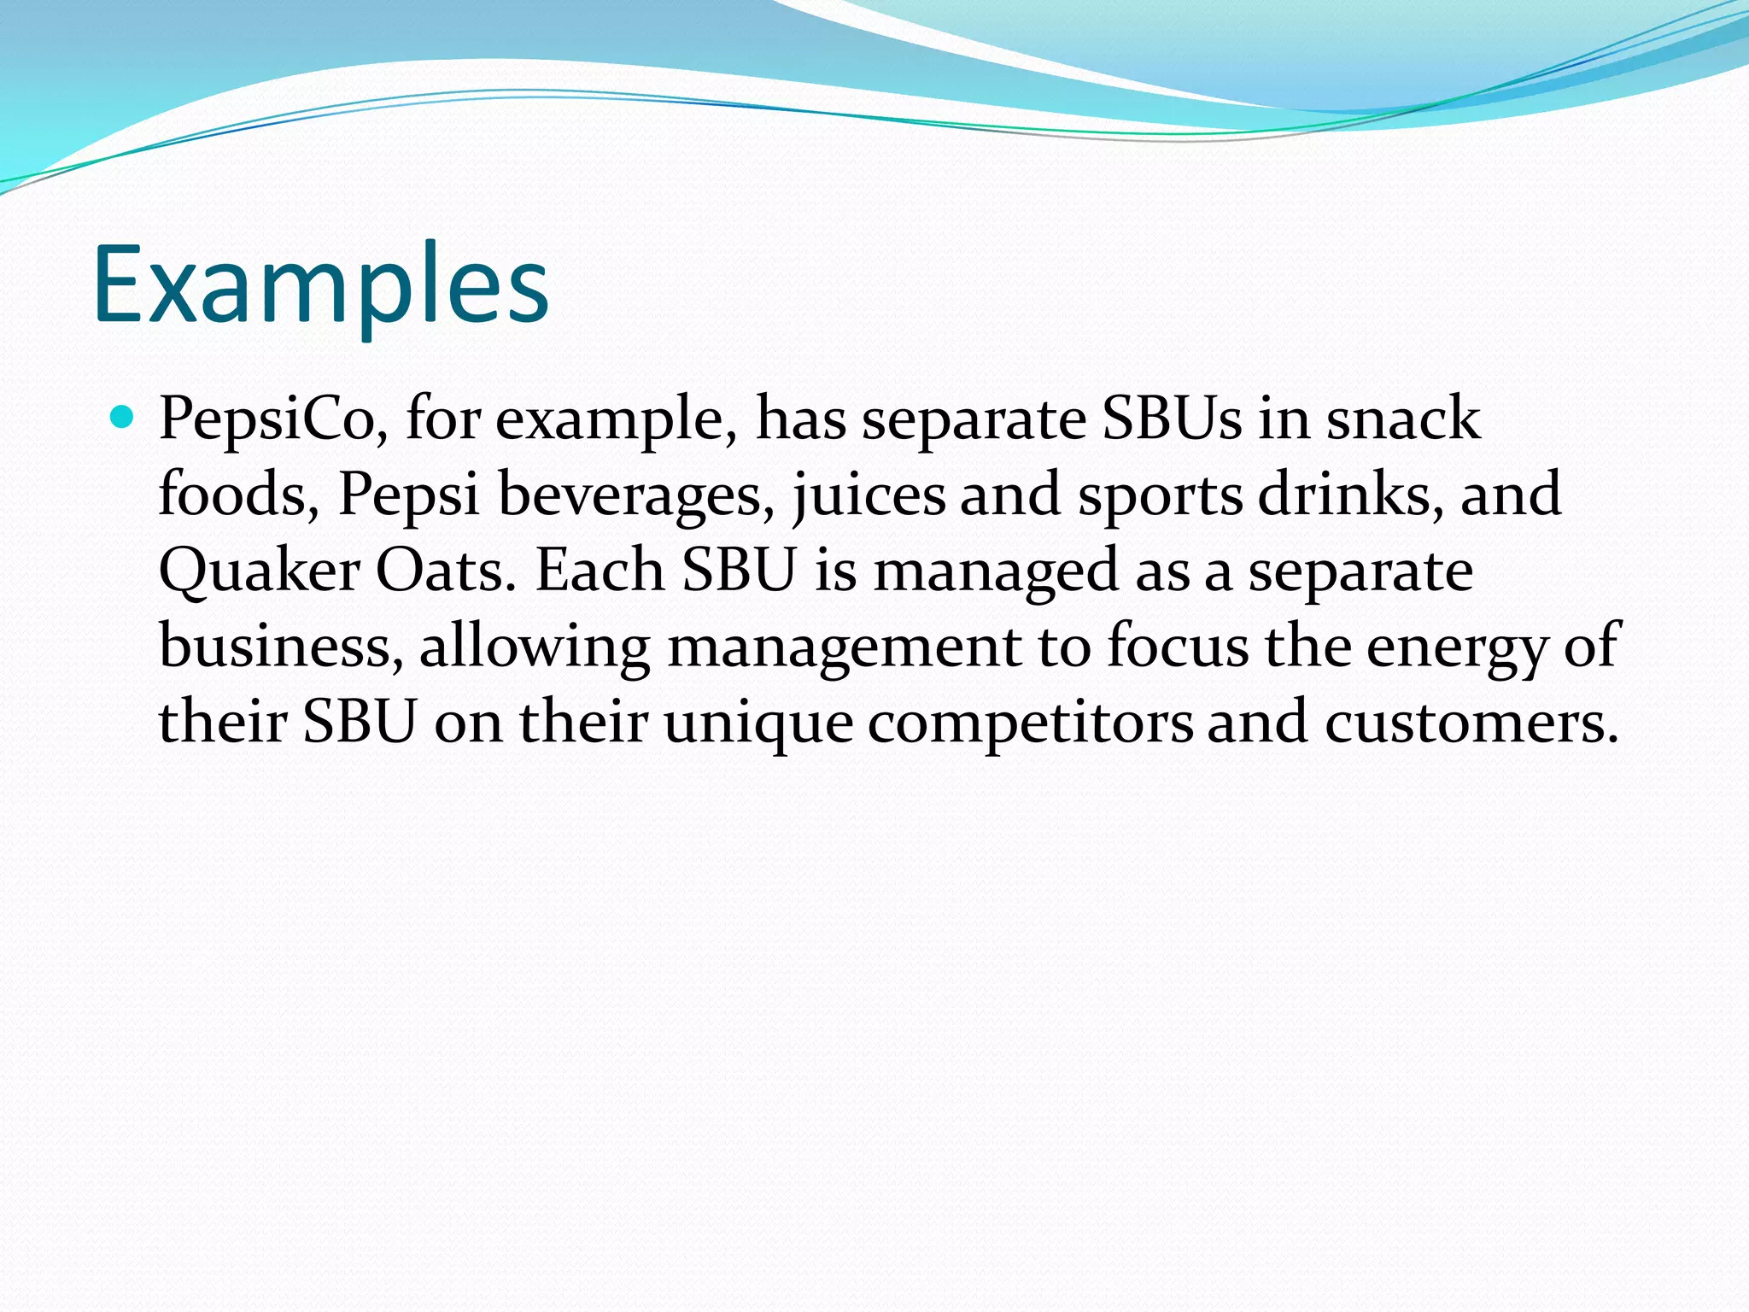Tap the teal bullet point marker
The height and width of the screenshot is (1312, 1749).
(124, 418)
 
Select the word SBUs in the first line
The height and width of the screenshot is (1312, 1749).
(1172, 419)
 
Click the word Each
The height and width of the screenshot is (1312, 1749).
(600, 571)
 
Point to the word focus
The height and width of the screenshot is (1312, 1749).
(1178, 647)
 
